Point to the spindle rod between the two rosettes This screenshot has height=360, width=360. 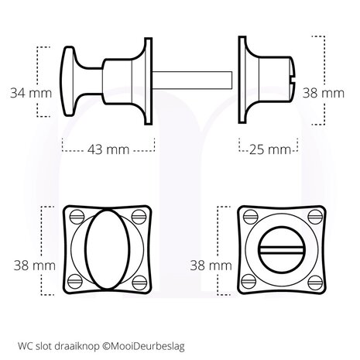point(194,77)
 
